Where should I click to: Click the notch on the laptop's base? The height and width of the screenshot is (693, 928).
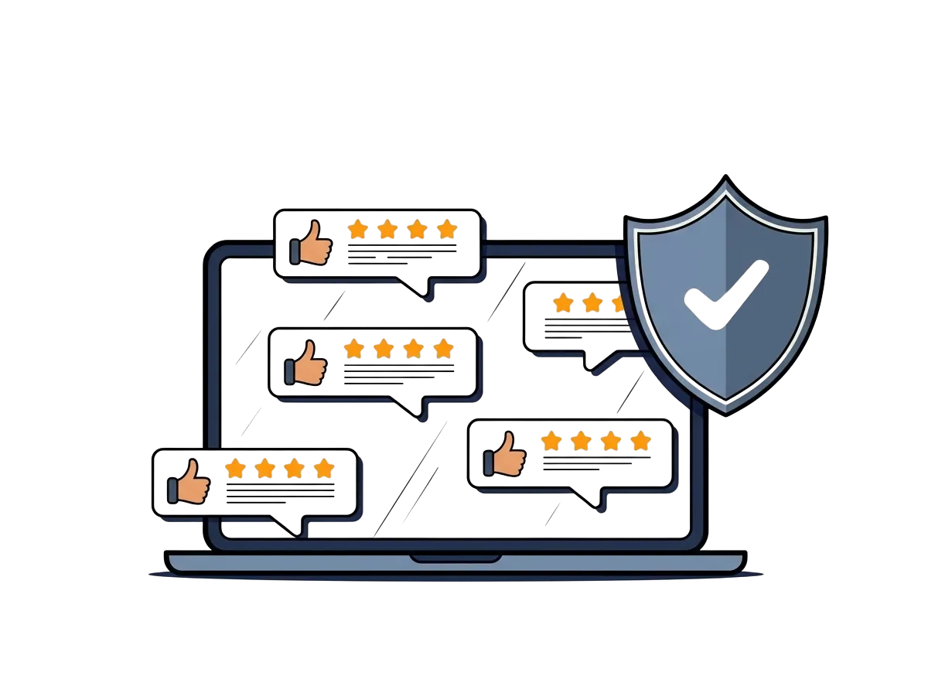pyautogui.click(x=455, y=557)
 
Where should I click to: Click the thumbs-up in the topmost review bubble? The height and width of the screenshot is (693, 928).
pyautogui.click(x=312, y=243)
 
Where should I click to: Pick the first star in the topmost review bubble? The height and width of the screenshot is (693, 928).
pyautogui.click(x=357, y=229)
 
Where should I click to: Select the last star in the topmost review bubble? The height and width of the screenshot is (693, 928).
pyautogui.click(x=446, y=229)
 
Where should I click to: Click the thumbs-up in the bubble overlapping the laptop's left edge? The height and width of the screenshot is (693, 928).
pyautogui.click(x=190, y=482)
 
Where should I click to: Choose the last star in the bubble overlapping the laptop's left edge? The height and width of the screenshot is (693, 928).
pyautogui.click(x=324, y=469)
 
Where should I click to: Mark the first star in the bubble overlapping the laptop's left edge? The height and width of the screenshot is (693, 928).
pyautogui.click(x=235, y=469)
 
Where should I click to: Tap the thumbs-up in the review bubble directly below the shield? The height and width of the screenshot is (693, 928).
pyautogui.click(x=506, y=454)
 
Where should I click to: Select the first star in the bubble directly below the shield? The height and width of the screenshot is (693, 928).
pyautogui.click(x=551, y=441)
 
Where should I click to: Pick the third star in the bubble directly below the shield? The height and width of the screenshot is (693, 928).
pyautogui.click(x=611, y=441)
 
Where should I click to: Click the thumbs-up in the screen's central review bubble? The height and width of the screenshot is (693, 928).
pyautogui.click(x=308, y=363)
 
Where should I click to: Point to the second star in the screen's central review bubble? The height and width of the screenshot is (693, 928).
pyautogui.click(x=384, y=348)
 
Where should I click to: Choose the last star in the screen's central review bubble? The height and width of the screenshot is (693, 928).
pyautogui.click(x=443, y=348)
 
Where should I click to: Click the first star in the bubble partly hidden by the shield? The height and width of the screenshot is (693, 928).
pyautogui.click(x=563, y=303)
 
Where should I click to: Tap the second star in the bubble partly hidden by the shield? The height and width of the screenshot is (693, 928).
pyautogui.click(x=592, y=303)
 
